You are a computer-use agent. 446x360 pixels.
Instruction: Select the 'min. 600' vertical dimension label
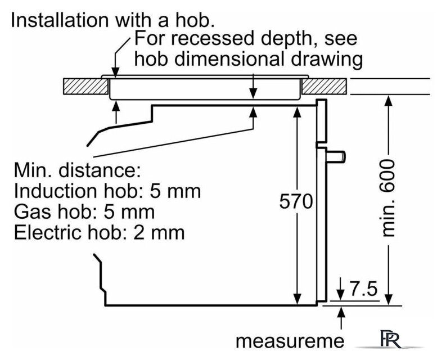click(x=388, y=197)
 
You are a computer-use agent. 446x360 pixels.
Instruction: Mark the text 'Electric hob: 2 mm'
click(x=99, y=232)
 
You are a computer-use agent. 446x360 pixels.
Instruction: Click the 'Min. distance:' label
click(x=76, y=170)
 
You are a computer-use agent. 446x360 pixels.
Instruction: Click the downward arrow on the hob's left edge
click(x=115, y=70)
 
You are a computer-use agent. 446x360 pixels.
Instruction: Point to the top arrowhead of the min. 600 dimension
click(x=388, y=101)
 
